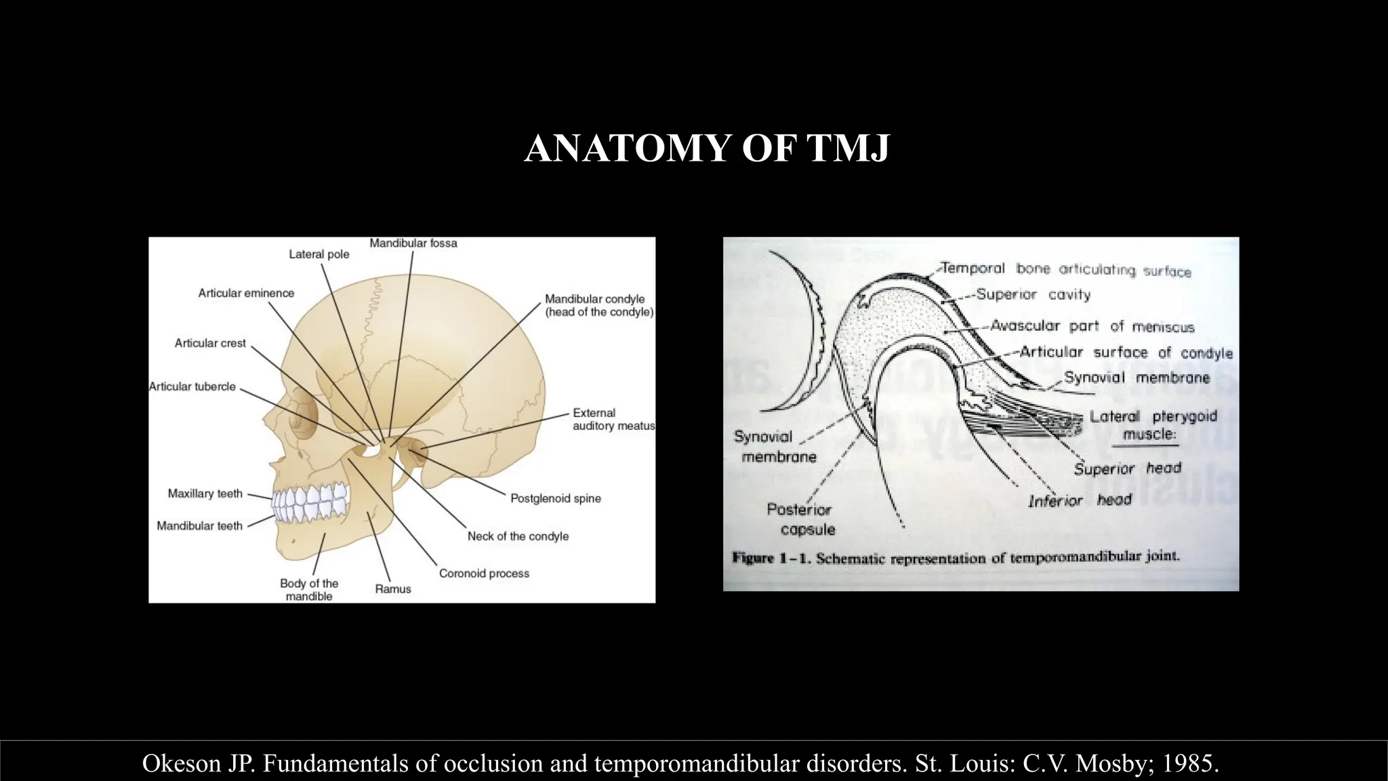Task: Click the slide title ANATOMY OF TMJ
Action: pos(706,148)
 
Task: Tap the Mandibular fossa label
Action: pos(413,243)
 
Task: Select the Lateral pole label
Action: pos(319,254)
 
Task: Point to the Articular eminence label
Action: pos(246,293)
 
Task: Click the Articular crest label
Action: pos(210,343)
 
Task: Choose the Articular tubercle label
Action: pos(192,386)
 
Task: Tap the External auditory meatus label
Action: pos(613,419)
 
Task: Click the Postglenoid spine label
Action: pos(555,498)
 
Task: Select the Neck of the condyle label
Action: pos(518,536)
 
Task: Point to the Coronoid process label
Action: pos(484,574)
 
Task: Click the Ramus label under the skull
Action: pos(393,589)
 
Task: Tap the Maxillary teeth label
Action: pos(205,494)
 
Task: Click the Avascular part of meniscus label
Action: pos(1092,326)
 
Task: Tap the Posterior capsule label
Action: pos(800,519)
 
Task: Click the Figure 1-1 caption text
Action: pos(956,559)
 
